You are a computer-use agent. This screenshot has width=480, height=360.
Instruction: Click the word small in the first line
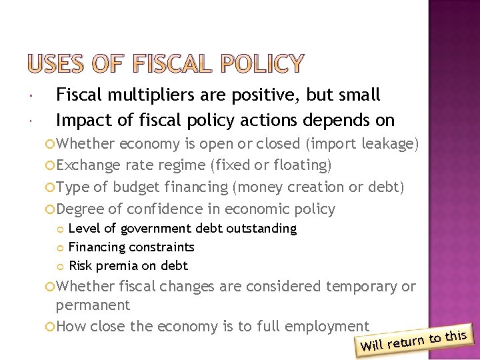[358, 95]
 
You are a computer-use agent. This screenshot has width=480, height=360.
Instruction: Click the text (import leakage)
[361, 144]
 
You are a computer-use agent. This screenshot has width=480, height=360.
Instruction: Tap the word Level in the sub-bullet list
[82, 229]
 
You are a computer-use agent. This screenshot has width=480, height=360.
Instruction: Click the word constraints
[159, 247]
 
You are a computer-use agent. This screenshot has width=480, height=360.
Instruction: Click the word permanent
[93, 305]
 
